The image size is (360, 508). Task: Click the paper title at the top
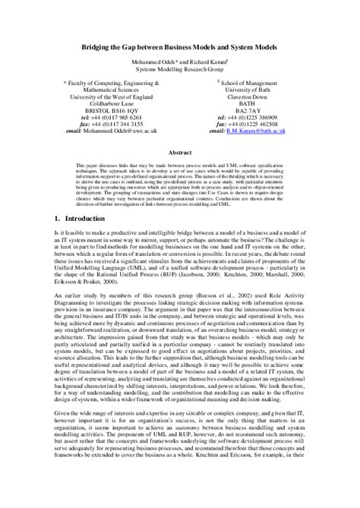(180, 46)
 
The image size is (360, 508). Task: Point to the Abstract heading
(179, 152)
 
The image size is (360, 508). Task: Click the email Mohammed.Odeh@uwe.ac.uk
(122, 130)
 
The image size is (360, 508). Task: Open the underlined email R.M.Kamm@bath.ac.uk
(263, 130)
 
